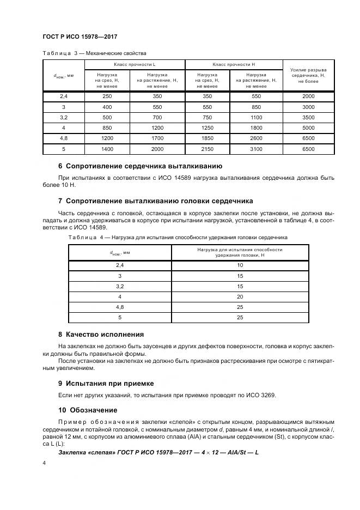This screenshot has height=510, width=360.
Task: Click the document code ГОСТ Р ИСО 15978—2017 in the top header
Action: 80,37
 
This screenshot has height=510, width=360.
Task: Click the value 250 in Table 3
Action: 107,96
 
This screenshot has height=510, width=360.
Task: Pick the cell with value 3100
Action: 256,148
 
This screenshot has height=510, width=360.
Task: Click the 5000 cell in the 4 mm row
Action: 308,127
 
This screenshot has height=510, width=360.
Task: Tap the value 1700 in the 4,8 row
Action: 157,138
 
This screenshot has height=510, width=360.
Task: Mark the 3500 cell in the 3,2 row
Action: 308,117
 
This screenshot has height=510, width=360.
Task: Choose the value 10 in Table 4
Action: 240,265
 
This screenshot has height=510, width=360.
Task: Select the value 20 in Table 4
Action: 240,296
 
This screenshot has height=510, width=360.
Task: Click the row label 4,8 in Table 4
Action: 120,307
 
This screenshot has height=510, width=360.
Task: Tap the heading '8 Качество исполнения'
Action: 101,334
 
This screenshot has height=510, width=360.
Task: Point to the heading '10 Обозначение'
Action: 88,410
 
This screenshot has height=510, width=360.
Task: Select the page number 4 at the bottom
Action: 44,463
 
